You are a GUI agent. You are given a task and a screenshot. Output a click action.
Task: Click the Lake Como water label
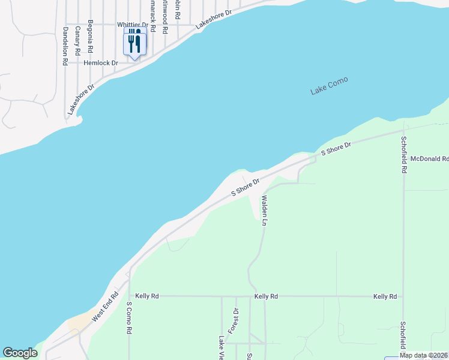(329, 86)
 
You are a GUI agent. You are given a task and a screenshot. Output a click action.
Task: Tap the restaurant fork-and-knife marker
(134, 43)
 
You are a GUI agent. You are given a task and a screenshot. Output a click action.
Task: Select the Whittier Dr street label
(133, 25)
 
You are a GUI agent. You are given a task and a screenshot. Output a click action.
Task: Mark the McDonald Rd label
(430, 159)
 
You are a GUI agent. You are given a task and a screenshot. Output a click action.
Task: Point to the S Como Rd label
(129, 318)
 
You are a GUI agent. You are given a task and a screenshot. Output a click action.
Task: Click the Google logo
(20, 353)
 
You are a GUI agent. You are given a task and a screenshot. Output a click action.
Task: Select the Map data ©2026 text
(423, 355)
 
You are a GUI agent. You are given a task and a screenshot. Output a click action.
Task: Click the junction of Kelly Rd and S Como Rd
(129, 296)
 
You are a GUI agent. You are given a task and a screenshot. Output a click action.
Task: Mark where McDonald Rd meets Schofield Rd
(404, 159)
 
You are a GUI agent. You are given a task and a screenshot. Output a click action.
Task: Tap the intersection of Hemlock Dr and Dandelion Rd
(64, 62)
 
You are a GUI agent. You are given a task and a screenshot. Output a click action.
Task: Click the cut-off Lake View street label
(221, 347)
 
